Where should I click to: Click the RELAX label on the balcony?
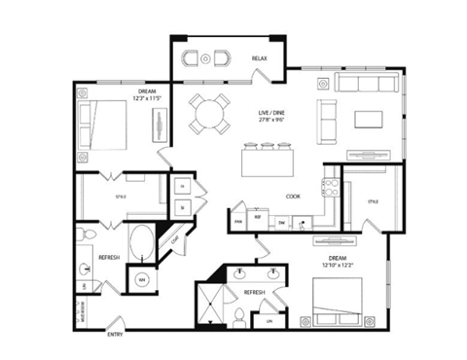point(259,59)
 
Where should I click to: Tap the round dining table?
point(209,114)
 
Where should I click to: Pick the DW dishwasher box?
point(281,223)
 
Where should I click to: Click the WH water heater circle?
point(142,279)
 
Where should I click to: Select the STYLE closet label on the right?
point(372,201)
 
